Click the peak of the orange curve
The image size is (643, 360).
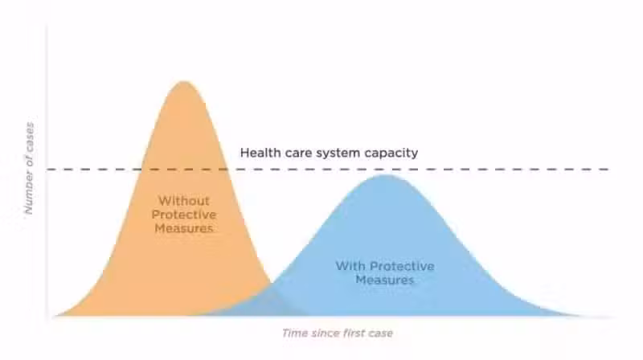[x=184, y=82]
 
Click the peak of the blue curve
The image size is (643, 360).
[x=385, y=175]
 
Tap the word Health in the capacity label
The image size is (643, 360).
[x=258, y=153]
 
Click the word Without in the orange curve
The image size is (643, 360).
[x=184, y=201]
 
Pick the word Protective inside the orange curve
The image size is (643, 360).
[x=184, y=215]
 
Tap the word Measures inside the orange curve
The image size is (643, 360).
[x=184, y=228]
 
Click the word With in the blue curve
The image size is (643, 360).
[x=350, y=266]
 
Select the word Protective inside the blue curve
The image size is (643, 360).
[x=402, y=266]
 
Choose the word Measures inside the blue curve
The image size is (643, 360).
[x=385, y=280]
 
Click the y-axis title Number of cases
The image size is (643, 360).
[x=29, y=168]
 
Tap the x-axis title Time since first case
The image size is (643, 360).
[x=338, y=333]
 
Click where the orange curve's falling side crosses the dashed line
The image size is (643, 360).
[x=227, y=169]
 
